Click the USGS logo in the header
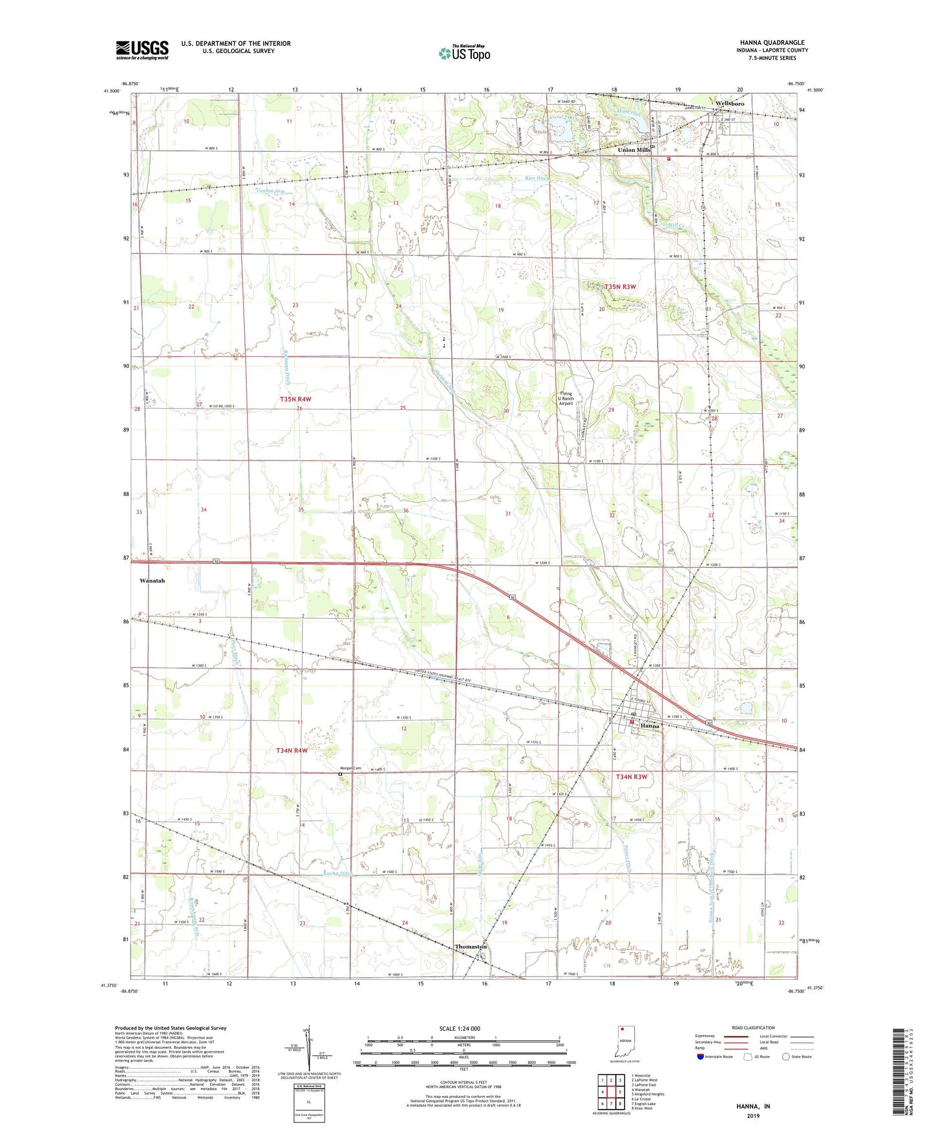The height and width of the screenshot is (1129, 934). (142, 50)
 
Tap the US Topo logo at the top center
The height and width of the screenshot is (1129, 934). (463, 53)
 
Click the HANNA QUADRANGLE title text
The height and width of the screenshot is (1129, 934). (774, 43)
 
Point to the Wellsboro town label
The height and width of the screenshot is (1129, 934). (729, 103)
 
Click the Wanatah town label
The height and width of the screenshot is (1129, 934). (153, 581)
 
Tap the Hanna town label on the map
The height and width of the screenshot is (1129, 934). (650, 726)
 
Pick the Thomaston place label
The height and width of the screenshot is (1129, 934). (470, 947)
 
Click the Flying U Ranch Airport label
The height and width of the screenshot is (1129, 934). (566, 398)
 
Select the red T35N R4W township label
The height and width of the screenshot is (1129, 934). (296, 400)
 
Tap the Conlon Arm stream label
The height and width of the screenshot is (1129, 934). (270, 191)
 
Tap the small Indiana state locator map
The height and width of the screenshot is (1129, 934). (624, 1040)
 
